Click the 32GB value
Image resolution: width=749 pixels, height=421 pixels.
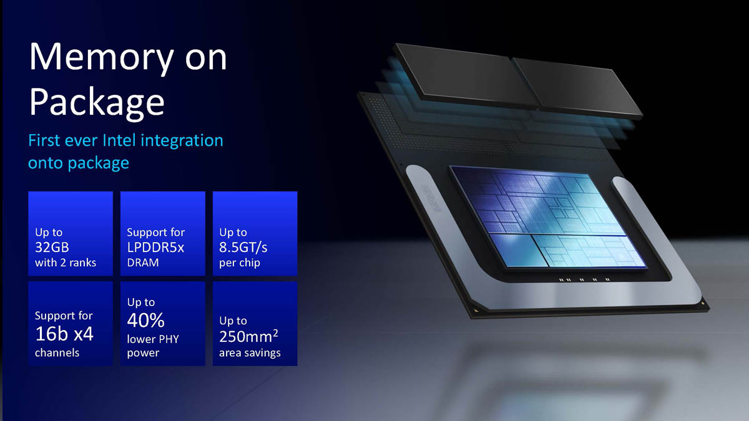pyautogui.click(x=52, y=247)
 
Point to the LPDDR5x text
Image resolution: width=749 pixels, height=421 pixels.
pyautogui.click(x=155, y=247)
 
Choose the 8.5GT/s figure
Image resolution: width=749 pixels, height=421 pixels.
pyautogui.click(x=243, y=248)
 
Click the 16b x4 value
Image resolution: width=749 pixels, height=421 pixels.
pyautogui.click(x=64, y=334)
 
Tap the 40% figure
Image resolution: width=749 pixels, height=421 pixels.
pyautogui.click(x=146, y=320)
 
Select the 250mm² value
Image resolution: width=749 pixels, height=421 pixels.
pyautogui.click(x=248, y=336)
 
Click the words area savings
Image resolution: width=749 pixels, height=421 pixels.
pyautogui.click(x=250, y=353)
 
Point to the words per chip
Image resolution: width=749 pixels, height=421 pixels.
pyautogui.click(x=240, y=263)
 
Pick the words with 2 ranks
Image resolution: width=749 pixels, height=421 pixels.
pyautogui.click(x=66, y=263)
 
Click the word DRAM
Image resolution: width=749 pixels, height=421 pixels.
pyautogui.click(x=143, y=263)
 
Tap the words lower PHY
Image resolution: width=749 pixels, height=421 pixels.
pyautogui.click(x=153, y=339)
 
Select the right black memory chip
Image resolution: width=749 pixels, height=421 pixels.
pyautogui.click(x=577, y=87)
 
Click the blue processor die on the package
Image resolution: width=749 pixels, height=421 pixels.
pyautogui.click(x=549, y=216)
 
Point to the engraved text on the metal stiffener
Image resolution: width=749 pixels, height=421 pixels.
pyautogui.click(x=431, y=198)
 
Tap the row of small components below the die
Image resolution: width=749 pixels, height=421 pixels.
pyautogui.click(x=584, y=279)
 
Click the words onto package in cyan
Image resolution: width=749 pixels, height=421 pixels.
pyautogui.click(x=79, y=163)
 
